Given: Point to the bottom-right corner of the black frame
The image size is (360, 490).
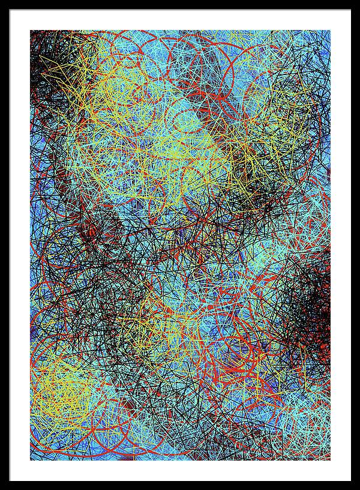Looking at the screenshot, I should click(358, 488).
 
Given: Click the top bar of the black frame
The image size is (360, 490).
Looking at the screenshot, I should click(180, 4).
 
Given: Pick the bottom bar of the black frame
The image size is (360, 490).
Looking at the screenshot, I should click(180, 485).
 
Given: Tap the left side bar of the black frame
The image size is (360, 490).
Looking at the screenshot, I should click(4, 245).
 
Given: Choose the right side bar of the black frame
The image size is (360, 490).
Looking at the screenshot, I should click(355, 245).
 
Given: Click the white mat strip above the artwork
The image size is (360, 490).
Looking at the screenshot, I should click(180, 19).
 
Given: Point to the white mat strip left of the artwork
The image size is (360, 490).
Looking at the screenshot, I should click(19, 245).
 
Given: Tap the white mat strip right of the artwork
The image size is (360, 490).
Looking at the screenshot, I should click(340, 245).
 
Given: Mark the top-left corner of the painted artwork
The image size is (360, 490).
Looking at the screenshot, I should click(31, 31).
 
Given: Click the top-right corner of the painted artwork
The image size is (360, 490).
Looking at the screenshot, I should click(329, 31).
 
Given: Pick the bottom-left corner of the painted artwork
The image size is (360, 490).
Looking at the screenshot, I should click(31, 459).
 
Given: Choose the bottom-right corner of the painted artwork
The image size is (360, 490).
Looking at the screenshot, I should click(329, 459).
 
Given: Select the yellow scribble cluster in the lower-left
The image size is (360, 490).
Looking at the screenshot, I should click(60, 384).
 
